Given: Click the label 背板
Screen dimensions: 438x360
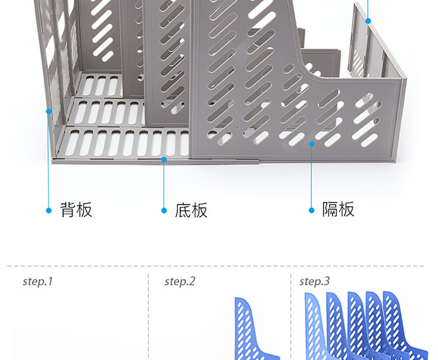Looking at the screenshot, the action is click(x=76, y=210).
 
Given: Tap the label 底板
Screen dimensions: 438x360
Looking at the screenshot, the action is click(x=192, y=210).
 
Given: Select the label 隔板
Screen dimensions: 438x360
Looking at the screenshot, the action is click(x=338, y=209).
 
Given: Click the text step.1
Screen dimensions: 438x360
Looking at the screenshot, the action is click(x=38, y=281).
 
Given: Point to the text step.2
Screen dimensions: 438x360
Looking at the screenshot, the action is click(x=180, y=281).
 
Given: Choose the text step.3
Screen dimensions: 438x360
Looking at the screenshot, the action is click(x=315, y=281).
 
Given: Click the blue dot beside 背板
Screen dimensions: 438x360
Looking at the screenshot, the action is click(x=49, y=211).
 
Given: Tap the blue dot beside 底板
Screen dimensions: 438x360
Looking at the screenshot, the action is click(x=164, y=211).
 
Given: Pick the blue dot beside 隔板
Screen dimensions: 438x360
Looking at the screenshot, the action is click(x=312, y=211).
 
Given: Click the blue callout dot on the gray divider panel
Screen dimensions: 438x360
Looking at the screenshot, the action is click(x=312, y=144).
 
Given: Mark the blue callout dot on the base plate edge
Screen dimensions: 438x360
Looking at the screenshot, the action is click(x=164, y=160).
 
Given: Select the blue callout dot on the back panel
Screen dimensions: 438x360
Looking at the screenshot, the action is click(x=49, y=111).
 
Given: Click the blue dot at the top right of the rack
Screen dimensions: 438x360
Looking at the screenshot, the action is click(x=368, y=21).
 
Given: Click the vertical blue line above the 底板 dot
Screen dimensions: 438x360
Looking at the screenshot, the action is click(x=164, y=185).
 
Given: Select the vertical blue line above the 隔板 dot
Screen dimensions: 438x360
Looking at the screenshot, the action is click(x=311, y=177).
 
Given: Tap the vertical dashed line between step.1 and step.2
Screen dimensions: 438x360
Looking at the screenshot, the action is click(x=148, y=317).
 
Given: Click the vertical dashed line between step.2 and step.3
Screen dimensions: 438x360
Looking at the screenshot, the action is click(x=291, y=317).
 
